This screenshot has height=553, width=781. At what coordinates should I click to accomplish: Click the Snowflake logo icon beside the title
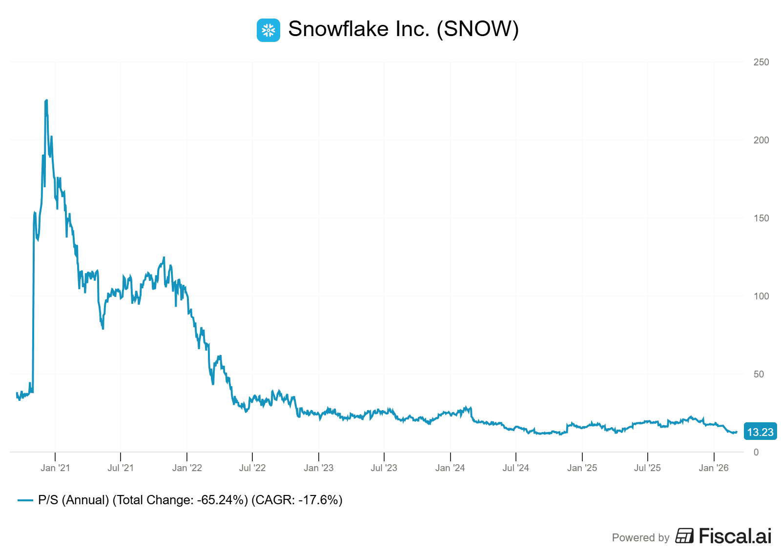point(268,30)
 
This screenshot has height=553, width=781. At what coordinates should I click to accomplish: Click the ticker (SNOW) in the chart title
point(477,29)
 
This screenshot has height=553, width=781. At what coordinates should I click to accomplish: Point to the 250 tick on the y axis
point(761,62)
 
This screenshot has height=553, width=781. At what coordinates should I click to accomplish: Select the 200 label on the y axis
point(761,140)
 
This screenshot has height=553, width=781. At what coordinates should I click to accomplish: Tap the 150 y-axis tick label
point(761,218)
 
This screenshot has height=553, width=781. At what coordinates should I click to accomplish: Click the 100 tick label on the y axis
point(761,296)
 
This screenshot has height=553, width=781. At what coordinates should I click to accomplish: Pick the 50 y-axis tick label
point(759,374)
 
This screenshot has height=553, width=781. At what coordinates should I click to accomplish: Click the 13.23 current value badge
point(760,432)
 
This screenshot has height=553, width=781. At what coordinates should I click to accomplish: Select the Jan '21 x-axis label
point(55,468)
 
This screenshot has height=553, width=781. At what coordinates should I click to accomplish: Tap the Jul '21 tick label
point(121,468)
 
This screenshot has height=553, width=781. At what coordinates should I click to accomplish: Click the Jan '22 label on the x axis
point(187,468)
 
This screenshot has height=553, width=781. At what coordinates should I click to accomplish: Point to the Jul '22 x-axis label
point(252,468)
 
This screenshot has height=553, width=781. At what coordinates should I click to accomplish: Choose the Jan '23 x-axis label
point(318,468)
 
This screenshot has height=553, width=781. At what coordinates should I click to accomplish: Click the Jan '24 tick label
point(450,468)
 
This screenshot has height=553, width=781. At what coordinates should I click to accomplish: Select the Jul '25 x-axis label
point(647,468)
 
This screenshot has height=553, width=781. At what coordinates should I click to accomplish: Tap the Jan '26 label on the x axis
point(714,468)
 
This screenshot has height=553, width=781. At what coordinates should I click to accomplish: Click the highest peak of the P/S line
point(46,100)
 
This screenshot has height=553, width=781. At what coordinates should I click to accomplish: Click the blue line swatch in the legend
point(25,500)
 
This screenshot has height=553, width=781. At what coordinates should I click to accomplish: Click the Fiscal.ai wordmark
point(735,536)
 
